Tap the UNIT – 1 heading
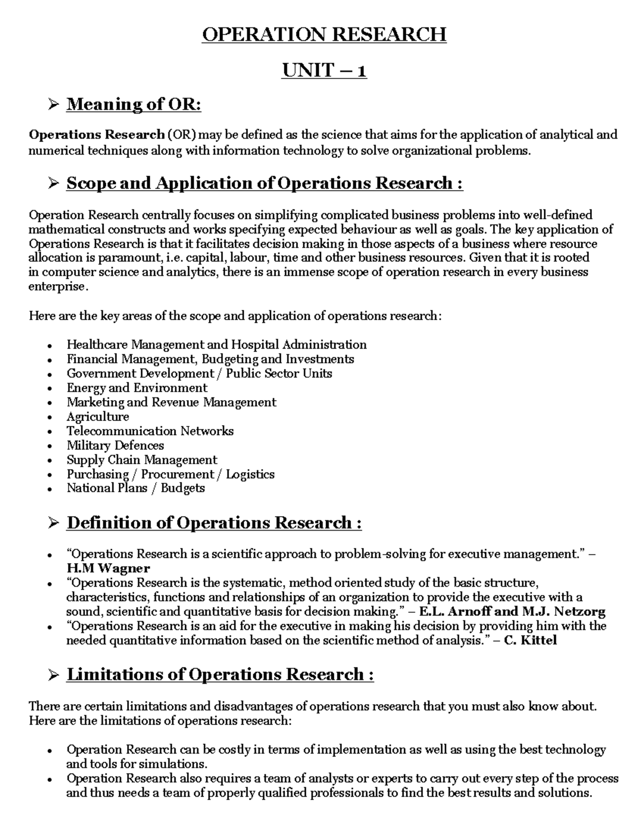click(x=324, y=70)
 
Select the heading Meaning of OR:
click(x=134, y=104)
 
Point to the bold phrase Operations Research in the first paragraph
click(x=97, y=134)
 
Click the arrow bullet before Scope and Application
click(x=53, y=184)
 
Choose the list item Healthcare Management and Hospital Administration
click(x=216, y=344)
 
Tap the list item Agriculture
click(x=98, y=417)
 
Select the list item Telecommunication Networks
click(x=150, y=431)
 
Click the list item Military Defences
click(x=115, y=445)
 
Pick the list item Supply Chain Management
click(x=142, y=460)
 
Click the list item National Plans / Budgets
click(x=135, y=488)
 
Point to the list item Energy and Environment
click(x=137, y=388)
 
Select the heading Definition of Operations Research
click(x=214, y=523)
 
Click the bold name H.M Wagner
click(x=108, y=568)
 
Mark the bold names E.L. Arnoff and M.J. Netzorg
click(x=512, y=611)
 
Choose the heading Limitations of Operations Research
click(x=220, y=675)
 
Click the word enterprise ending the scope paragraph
click(x=56, y=287)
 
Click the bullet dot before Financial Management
click(x=50, y=360)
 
